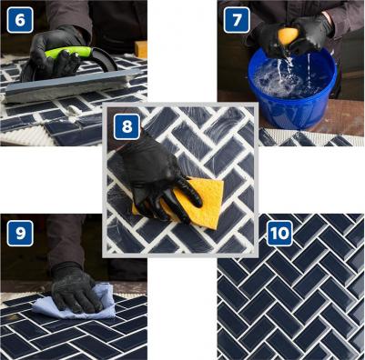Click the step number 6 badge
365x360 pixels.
pos(20,20)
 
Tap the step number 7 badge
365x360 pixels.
pos(237,20)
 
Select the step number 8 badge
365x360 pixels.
pos(127,126)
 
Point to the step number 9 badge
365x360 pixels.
pos(20,234)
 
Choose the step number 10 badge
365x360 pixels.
pos(279,234)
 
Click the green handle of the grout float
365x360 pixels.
pos(68,52)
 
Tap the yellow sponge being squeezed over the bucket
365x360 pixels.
pos(288,35)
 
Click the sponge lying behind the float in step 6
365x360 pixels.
pos(141,49)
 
